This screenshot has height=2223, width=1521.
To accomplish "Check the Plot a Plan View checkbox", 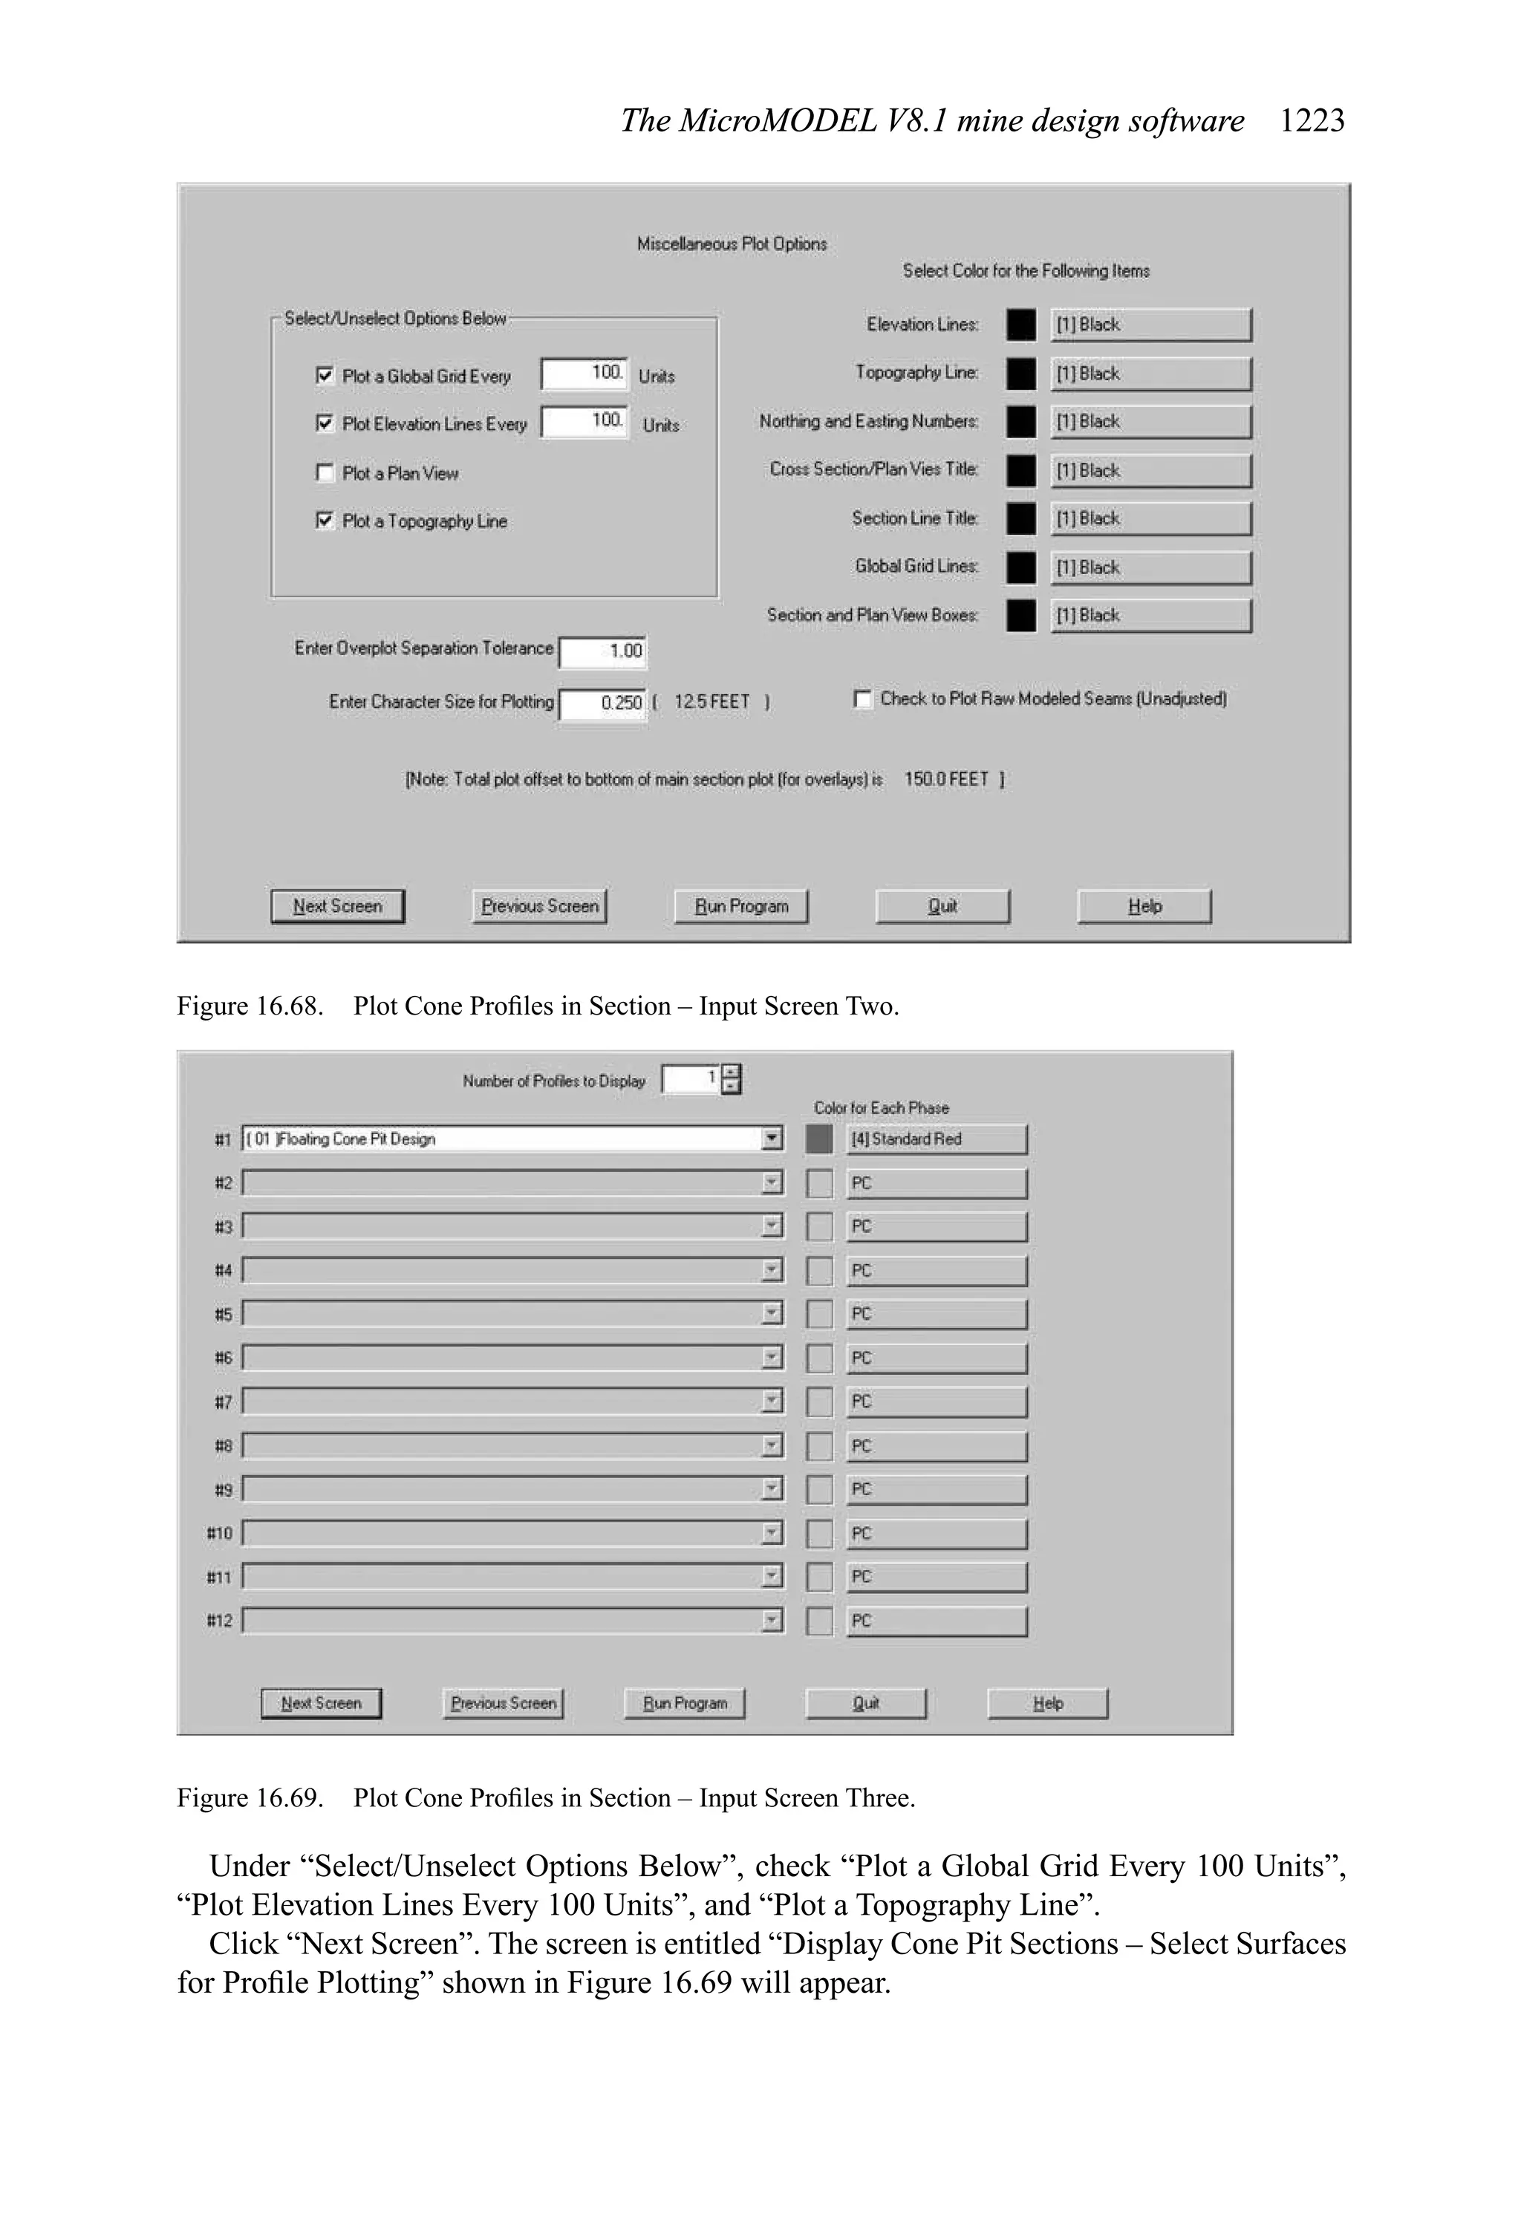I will tap(325, 472).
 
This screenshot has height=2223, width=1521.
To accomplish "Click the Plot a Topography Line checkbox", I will tap(325, 521).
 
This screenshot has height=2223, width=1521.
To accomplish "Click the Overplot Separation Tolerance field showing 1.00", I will tap(602, 651).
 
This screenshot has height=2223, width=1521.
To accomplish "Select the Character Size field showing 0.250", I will tap(602, 703).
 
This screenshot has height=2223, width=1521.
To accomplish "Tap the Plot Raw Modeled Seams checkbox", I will tap(862, 699).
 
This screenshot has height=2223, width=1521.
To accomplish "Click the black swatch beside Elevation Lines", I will tap(1020, 325).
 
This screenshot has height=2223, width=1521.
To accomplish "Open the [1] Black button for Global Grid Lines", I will tap(1150, 567).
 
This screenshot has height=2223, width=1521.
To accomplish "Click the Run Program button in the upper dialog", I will tap(740, 906).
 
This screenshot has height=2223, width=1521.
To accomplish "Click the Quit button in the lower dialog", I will tap(866, 1704).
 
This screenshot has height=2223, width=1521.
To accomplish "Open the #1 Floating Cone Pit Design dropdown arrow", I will tap(772, 1139).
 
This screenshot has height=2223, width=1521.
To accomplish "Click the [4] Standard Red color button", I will tap(936, 1139).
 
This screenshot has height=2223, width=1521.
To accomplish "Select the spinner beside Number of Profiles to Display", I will tap(731, 1079).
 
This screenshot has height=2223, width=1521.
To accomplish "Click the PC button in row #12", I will tap(936, 1621).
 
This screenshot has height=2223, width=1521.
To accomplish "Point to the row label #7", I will tap(223, 1402).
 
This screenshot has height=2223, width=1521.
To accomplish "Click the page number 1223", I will tap(1312, 120).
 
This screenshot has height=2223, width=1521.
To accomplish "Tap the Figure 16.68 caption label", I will tap(250, 1006).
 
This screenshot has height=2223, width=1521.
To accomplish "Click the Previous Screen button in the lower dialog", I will tap(504, 1704).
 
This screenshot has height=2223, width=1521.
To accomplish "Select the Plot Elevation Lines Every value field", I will tap(584, 421).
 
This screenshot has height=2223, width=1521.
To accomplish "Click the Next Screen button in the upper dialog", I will tap(338, 906).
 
